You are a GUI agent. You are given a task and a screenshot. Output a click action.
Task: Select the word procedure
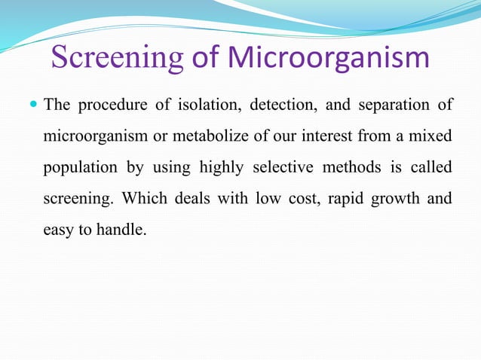pyautogui.click(x=113, y=105)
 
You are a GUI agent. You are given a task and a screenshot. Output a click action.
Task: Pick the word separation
pyautogui.click(x=389, y=105)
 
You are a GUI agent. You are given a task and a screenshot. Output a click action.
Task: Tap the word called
pyautogui.click(x=433, y=169)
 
